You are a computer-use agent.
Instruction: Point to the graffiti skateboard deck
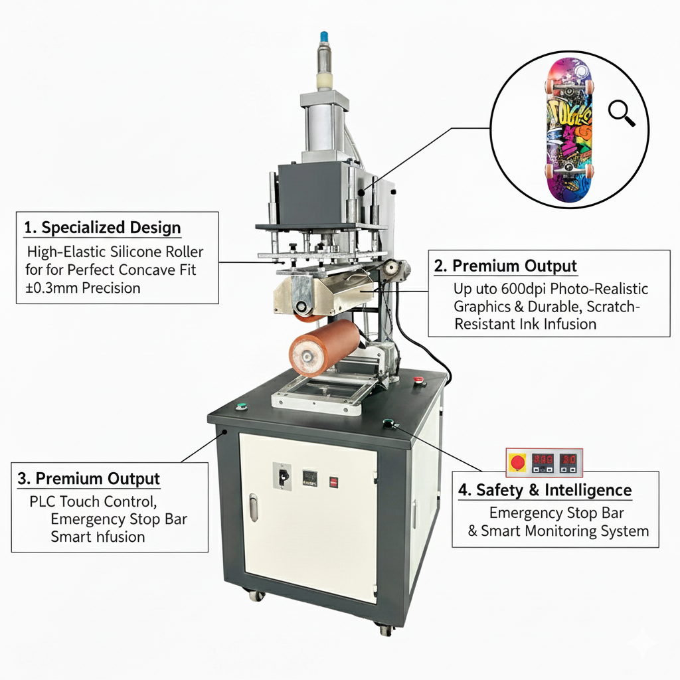[568, 129]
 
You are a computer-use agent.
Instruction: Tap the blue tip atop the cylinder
[324, 35]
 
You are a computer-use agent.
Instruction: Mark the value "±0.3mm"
[47, 288]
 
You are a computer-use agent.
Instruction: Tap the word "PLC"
[44, 501]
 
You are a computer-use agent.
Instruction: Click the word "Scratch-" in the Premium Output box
[614, 307]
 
